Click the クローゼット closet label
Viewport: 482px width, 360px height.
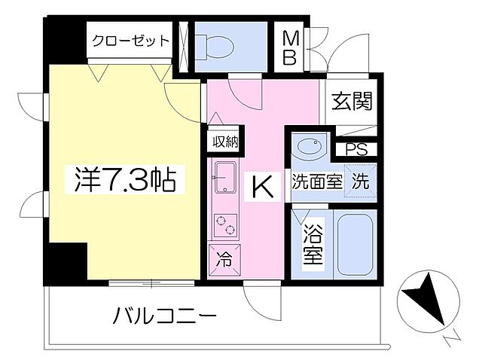tap(130, 41)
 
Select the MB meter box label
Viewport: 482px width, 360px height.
tap(290, 47)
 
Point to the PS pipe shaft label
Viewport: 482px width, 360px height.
tap(358, 149)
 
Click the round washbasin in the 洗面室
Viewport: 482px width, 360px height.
tap(310, 148)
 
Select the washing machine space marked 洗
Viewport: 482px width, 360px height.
tap(360, 182)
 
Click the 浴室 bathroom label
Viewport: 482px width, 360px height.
tap(313, 246)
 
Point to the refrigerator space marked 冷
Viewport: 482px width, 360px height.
tap(225, 261)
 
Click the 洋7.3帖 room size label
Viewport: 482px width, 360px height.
tap(125, 181)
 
